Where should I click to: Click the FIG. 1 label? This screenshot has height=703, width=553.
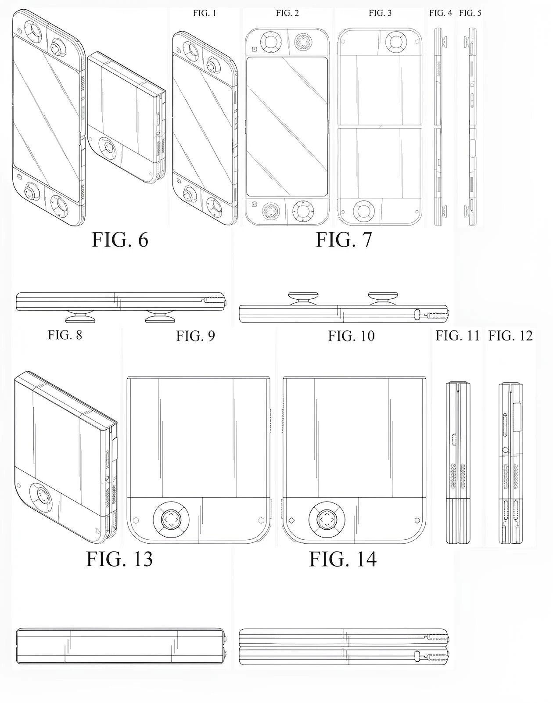coord(205,13)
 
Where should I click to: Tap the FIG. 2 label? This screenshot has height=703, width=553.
coord(287,13)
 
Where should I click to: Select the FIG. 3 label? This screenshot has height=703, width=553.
coord(380,13)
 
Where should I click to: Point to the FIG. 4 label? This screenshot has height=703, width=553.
coord(440,13)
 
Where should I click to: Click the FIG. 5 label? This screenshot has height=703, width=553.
coord(470,13)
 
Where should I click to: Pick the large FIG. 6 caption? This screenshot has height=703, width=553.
coord(120,240)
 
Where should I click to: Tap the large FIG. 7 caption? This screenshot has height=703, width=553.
coord(344,240)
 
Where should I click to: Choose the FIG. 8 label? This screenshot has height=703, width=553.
coord(65,335)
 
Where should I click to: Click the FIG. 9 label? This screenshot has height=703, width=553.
coord(196,336)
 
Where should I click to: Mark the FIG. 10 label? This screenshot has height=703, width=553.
coord(352,336)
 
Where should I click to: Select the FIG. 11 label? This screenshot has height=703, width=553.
coord(458,336)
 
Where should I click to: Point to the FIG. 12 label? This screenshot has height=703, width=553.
coord(510,336)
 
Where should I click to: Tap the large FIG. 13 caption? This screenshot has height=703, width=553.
coord(119,559)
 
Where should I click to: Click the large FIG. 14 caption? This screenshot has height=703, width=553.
coord(343,559)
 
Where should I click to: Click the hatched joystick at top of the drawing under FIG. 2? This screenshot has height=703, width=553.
coord(303,43)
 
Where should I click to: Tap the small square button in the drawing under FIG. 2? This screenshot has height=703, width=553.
coord(254,49)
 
